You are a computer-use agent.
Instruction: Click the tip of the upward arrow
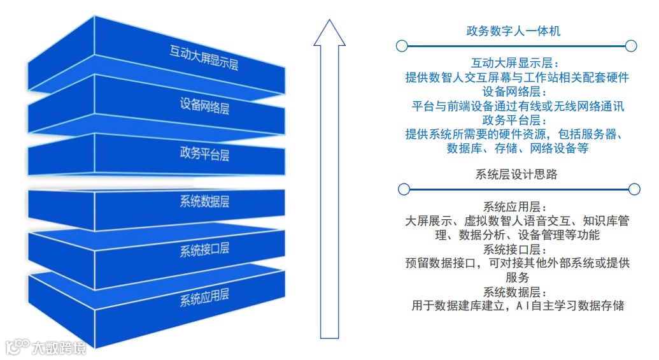pyautogui.click(x=329, y=22)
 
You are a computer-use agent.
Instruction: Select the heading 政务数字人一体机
pyautogui.click(x=513, y=31)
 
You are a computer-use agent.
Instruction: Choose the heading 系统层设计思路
pyautogui.click(x=516, y=174)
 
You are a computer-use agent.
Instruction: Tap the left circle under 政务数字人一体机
pyautogui.click(x=401, y=46)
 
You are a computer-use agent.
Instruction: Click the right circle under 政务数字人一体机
pyautogui.click(x=631, y=46)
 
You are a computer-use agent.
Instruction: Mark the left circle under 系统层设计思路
pyautogui.click(x=403, y=189)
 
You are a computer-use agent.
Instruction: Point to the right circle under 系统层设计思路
pyautogui.click(x=634, y=189)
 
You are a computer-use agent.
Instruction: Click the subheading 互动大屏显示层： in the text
pyautogui.click(x=515, y=64)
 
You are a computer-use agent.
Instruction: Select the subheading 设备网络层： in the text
pyautogui.click(x=515, y=92)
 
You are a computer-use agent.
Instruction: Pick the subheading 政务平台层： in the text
pyautogui.click(x=515, y=120)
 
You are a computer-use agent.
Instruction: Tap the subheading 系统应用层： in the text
pyautogui.click(x=515, y=207)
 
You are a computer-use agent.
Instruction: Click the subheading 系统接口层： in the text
pyautogui.click(x=515, y=249)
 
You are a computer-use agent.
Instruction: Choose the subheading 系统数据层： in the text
pyautogui.click(x=515, y=292)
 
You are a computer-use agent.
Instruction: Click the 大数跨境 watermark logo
pyautogui.click(x=46, y=347)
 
